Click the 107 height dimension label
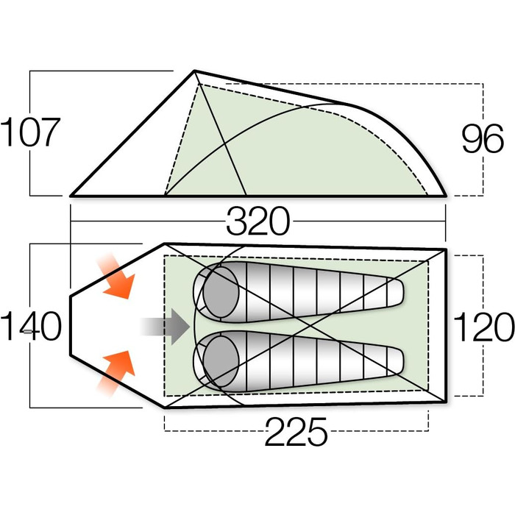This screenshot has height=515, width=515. point(31,132)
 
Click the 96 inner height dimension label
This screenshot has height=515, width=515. point(483,138)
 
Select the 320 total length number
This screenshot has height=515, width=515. point(258,221)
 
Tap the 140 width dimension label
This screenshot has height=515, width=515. point(31,326)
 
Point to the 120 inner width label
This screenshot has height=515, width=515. point(484,326)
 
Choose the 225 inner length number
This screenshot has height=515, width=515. point(296,431)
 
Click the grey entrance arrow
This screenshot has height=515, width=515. point(166,327)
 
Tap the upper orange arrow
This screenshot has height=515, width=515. point(116,276)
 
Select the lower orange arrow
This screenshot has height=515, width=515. point(116,373)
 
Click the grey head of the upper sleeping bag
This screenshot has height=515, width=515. point(221,292)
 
